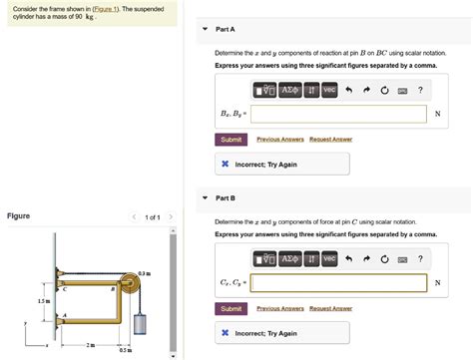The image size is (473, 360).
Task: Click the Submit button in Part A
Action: [x=232, y=140]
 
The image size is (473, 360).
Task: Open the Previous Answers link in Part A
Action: [x=280, y=140]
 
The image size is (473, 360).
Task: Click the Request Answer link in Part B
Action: [x=330, y=309]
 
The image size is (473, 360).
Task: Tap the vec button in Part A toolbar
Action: [x=329, y=91]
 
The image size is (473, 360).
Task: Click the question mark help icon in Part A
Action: [x=421, y=91]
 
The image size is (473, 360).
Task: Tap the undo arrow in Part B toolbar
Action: [x=349, y=260]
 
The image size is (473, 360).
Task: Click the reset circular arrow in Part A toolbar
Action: [x=384, y=91]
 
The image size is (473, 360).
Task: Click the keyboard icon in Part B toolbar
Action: [x=403, y=260]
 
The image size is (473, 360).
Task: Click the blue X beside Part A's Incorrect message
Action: [x=227, y=164]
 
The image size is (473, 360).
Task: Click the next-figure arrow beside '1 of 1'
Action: [x=171, y=216]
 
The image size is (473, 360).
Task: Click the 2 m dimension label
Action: [x=90, y=345]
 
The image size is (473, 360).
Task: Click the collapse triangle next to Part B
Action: [x=205, y=197]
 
